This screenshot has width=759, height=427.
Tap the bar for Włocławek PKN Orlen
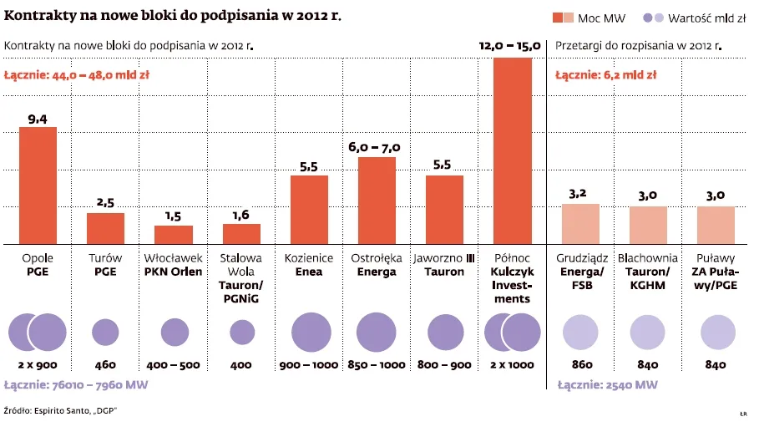pyautogui.click(x=174, y=234)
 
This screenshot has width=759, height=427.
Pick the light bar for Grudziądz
pyautogui.click(x=580, y=223)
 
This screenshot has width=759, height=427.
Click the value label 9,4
pyautogui.click(x=38, y=119)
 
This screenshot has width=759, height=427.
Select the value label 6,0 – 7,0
pyautogui.click(x=375, y=148)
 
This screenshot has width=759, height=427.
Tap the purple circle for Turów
pyautogui.click(x=105, y=332)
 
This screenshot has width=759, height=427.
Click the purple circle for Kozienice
pyautogui.click(x=309, y=332)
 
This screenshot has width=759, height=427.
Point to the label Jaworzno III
pyautogui.click(x=444, y=258)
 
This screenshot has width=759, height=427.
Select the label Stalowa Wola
pyautogui.click(x=241, y=265)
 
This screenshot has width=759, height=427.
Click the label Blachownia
pyautogui.click(x=648, y=258)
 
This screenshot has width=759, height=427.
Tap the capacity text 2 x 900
pyautogui.click(x=38, y=365)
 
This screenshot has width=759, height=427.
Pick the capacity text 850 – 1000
pyautogui.click(x=377, y=365)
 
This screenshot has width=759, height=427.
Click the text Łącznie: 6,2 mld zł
pyautogui.click(x=606, y=75)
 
